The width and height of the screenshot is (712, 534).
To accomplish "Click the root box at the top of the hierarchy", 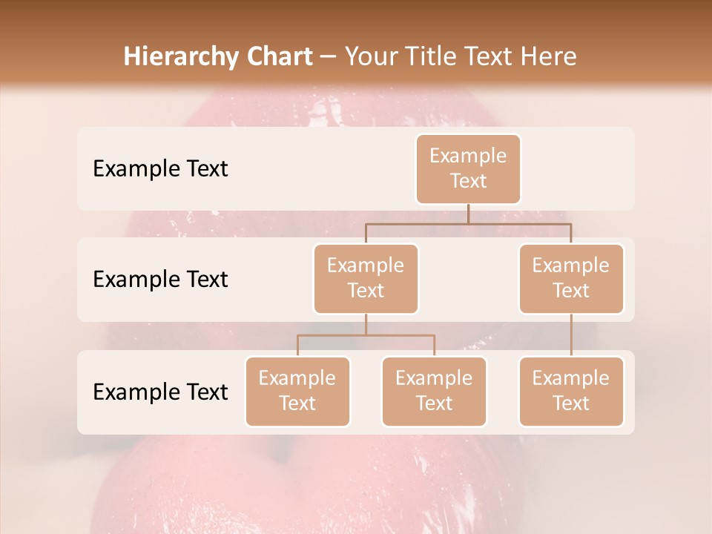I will pyautogui.click(x=468, y=169).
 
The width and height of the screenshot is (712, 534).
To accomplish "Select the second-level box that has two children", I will pyautogui.click(x=366, y=279).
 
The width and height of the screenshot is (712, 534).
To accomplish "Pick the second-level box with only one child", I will pyautogui.click(x=571, y=279).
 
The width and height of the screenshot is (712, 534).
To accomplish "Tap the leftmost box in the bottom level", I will pyautogui.click(x=297, y=392).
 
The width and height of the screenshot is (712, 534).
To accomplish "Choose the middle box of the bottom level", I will pyautogui.click(x=434, y=392).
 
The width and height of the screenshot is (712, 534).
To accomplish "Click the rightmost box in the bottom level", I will pyautogui.click(x=571, y=392).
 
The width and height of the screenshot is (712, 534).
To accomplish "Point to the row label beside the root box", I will pyautogui.click(x=160, y=169).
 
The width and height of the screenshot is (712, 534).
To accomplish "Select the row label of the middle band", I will pyautogui.click(x=160, y=280).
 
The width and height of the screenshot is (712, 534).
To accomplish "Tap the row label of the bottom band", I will pyautogui.click(x=160, y=392).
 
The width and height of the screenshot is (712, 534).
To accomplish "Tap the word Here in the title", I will pyautogui.click(x=549, y=56).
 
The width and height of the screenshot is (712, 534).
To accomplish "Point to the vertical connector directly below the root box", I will pyautogui.click(x=468, y=214).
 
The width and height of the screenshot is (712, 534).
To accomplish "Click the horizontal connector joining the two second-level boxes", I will pyautogui.click(x=468, y=222).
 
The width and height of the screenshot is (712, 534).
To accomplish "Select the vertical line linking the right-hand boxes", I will pyautogui.click(x=571, y=335).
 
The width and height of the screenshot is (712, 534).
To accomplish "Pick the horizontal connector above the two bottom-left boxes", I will pyautogui.click(x=366, y=335).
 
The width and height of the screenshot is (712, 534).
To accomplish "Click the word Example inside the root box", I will pyautogui.click(x=468, y=156).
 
